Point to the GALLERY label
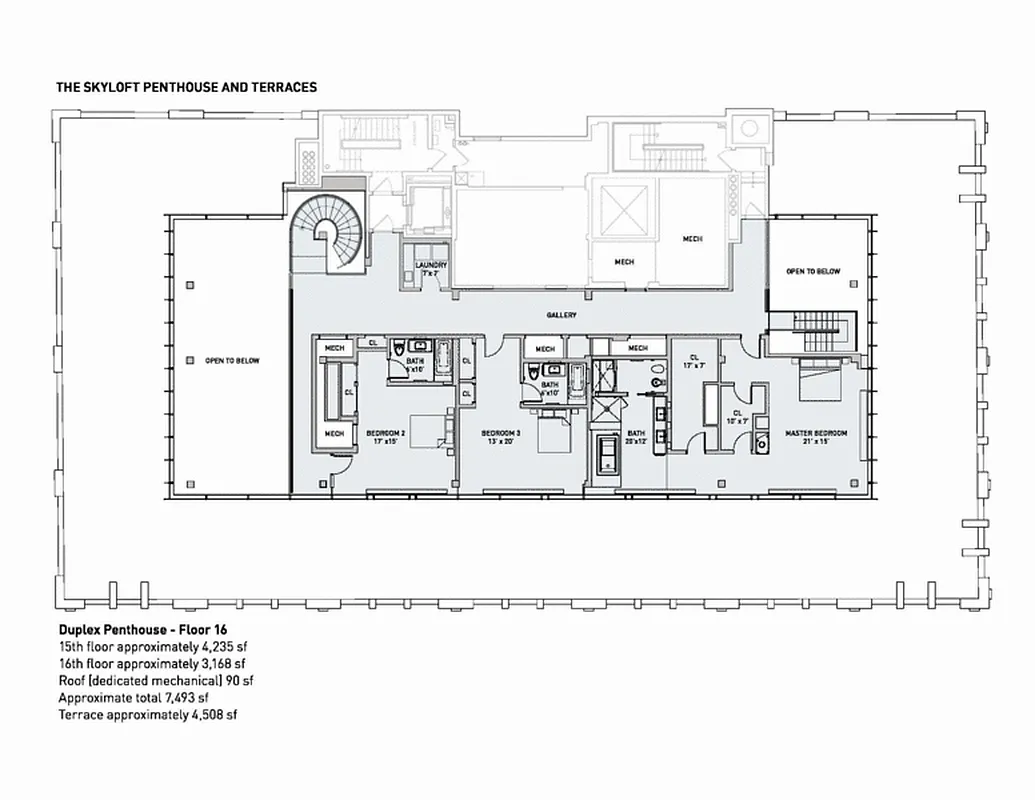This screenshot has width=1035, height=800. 561,315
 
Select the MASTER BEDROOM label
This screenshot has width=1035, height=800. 815,433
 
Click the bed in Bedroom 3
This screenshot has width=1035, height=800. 553,436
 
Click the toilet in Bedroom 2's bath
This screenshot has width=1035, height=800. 397,351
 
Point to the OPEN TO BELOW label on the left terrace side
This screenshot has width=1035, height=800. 231,360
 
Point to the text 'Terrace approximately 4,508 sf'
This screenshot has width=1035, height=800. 147,714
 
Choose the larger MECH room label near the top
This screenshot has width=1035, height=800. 693,239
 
